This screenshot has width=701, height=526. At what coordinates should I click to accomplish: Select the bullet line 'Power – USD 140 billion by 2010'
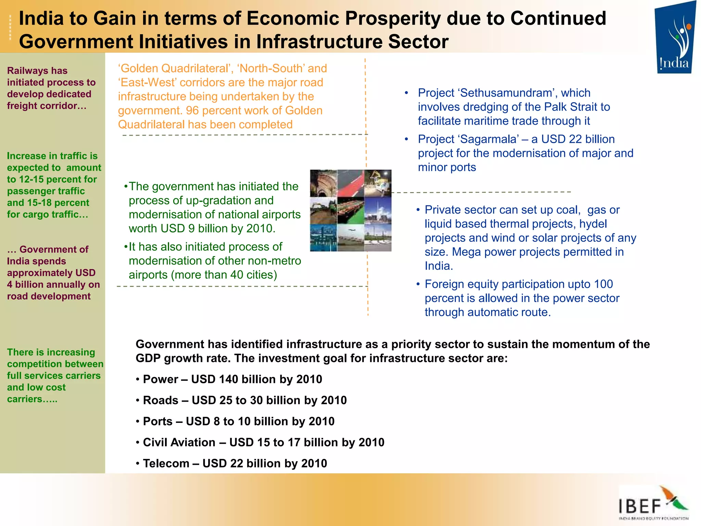tap(232, 379)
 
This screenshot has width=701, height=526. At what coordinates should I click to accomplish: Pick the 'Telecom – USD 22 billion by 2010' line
tap(234, 463)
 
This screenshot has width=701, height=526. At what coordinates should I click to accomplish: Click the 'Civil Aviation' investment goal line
tap(263, 442)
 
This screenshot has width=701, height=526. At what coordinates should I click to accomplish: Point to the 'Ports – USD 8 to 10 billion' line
tap(238, 421)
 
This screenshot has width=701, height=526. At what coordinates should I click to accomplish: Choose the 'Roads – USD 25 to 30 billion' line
tap(244, 400)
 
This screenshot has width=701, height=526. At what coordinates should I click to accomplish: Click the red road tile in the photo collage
tap(350, 183)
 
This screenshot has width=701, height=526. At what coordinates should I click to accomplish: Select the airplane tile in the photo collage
tap(350, 238)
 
